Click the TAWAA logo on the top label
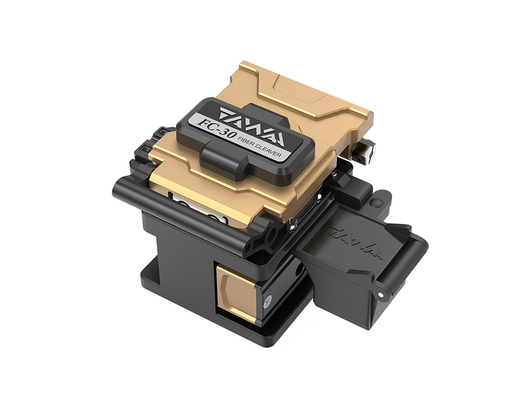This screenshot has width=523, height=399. (x=252, y=127)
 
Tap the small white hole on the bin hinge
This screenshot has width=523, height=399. (x=380, y=294)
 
